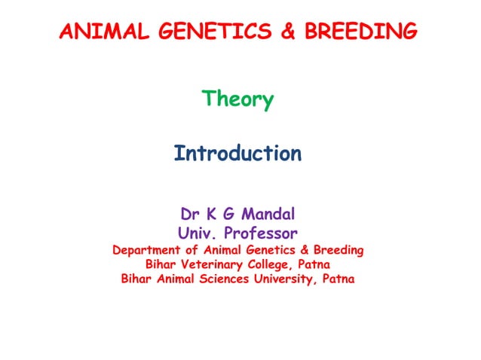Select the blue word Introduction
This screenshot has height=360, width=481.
237,154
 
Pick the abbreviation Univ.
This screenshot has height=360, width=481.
198,232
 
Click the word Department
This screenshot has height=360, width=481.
147,249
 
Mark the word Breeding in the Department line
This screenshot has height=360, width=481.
338,249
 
